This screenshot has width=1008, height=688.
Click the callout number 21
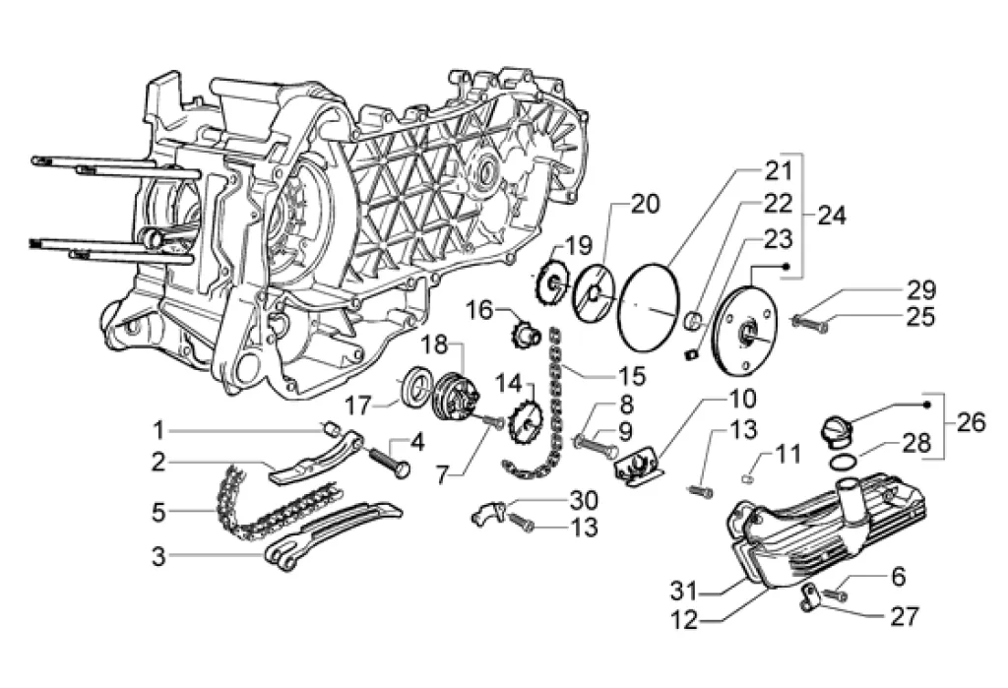coord(779,171)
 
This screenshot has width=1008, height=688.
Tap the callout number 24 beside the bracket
coord(832,215)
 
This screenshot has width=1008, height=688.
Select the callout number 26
coord(971,422)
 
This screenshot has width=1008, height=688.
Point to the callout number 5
coord(158,513)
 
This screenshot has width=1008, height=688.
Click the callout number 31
coord(686,590)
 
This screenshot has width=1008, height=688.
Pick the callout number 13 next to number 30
coord(585,528)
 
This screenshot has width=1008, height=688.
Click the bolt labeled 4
coord(389,461)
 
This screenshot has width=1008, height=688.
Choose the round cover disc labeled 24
coord(744,331)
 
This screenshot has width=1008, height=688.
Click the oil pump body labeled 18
coord(455,400)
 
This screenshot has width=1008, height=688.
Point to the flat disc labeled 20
coord(594,292)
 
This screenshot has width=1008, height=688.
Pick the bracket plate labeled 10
coord(640,470)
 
